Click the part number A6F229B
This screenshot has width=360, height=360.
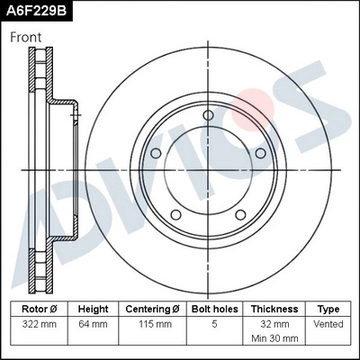tap(37, 12)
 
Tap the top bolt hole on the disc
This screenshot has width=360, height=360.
tap(208, 115)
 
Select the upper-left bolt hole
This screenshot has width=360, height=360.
tap(156, 153)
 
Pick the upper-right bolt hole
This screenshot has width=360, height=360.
tap(261, 153)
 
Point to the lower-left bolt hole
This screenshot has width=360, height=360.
tap(175, 215)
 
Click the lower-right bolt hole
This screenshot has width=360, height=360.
tap(240, 215)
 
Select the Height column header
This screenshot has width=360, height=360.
tap(93, 308)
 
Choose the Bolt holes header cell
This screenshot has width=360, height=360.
tap(213, 308)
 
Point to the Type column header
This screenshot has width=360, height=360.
tap(328, 308)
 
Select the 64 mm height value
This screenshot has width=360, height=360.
tap(93, 322)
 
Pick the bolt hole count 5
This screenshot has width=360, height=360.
tap(213, 322)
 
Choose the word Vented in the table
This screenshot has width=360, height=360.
tap(328, 322)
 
